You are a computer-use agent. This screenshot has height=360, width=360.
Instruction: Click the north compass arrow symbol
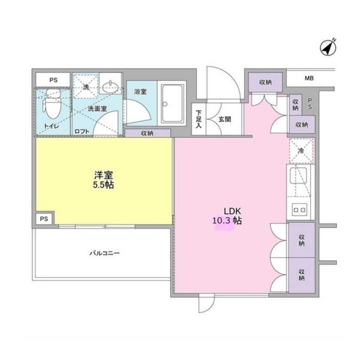click(x=328, y=47)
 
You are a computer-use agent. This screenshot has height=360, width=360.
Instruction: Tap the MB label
click(x=309, y=78)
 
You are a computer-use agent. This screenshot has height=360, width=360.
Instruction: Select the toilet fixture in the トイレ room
click(x=52, y=104)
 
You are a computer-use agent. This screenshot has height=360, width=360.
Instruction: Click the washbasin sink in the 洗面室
click(x=110, y=87)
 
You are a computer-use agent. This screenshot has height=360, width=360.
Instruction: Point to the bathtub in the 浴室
click(x=172, y=103)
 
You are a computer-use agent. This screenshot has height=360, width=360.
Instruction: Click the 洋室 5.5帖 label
click(x=104, y=180)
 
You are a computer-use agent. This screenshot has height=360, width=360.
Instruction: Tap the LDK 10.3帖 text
click(x=227, y=216)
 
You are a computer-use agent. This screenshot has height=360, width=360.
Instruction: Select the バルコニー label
click(x=104, y=253)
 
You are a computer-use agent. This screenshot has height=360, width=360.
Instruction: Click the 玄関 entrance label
click(x=224, y=119)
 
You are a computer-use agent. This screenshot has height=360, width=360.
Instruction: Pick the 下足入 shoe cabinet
click(x=199, y=119)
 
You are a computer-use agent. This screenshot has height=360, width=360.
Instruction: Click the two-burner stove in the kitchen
click(x=300, y=209)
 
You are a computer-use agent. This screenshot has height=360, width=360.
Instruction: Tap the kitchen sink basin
click(x=298, y=176)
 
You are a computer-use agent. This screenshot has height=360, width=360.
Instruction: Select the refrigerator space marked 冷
click(x=301, y=151)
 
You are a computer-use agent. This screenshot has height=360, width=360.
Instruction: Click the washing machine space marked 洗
click(x=86, y=86)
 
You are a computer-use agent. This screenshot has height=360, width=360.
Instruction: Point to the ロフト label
click(x=82, y=131)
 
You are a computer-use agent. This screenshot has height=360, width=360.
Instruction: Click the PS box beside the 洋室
click(x=44, y=219)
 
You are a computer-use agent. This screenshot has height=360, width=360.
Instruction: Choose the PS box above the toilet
click(x=53, y=80)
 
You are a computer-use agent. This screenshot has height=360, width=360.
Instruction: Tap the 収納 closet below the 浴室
click(x=148, y=133)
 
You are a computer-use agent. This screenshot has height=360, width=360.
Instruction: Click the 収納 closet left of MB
click(x=265, y=82)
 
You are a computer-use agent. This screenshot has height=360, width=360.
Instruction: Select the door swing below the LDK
click(x=206, y=303)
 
